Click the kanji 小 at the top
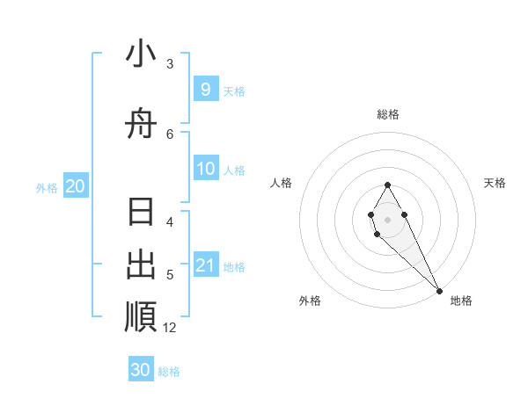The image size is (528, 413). tap(141, 54)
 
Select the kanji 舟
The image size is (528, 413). tap(141, 125)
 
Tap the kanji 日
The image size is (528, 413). tap(141, 214)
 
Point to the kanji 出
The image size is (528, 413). tap(141, 264)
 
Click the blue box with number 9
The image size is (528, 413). tap(205, 89)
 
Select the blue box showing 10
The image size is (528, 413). tap(205, 169)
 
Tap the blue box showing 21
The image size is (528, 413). tap(205, 265)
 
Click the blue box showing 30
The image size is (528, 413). tap(141, 370)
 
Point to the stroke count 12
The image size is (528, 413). tap(170, 328)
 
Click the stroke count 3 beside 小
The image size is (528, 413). tap(170, 64)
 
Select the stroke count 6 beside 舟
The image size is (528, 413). tap(170, 134)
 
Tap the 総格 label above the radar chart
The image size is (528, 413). tap(387, 114)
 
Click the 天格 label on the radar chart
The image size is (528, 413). tap(495, 183)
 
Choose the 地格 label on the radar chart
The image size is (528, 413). tap(461, 301)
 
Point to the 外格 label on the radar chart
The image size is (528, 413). tap(310, 301)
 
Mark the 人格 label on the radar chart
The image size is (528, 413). tap(282, 183)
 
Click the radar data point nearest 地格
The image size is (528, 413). tap(439, 291)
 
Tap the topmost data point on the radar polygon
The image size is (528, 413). tap(387, 185)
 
